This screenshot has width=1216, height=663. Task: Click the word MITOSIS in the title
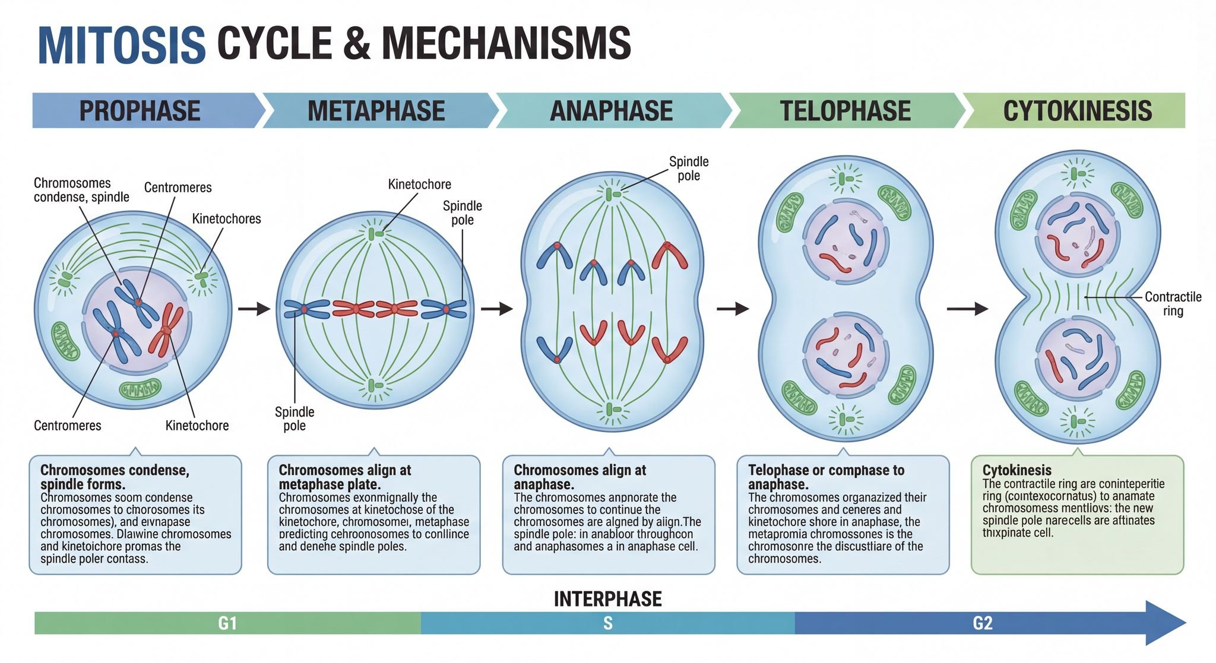coord(121,45)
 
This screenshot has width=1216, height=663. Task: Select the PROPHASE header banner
coord(140,111)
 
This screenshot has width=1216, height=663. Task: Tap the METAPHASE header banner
coord(376,111)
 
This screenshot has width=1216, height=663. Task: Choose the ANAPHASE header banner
coord(611,111)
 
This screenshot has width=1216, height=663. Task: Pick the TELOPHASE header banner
coord(845,111)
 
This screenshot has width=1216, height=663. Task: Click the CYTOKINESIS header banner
coord(1077,111)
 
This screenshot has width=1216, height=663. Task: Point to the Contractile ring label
coord(1173,304)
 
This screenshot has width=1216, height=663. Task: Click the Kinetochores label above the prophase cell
coord(226,219)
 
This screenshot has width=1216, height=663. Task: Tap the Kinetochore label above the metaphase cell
coord(419,185)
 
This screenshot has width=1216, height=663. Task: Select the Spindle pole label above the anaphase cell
coord(689,169)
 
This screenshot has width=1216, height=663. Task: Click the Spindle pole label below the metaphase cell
coord(294,418)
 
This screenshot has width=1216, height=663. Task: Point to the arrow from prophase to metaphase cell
coord(254,309)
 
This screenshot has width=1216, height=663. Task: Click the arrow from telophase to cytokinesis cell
coord(967,309)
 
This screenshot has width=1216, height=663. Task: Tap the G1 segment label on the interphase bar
coord(227,623)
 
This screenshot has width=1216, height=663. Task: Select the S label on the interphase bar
coord(607,623)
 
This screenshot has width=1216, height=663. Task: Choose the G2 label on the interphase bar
coord(983,623)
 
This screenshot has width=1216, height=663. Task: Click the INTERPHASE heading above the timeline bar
coord(607,599)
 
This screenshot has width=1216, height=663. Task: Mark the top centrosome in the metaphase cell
coord(375,234)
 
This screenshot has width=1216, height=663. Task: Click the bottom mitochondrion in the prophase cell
coord(140,389)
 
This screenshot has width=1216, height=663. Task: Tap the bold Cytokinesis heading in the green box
coord(1016,471)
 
